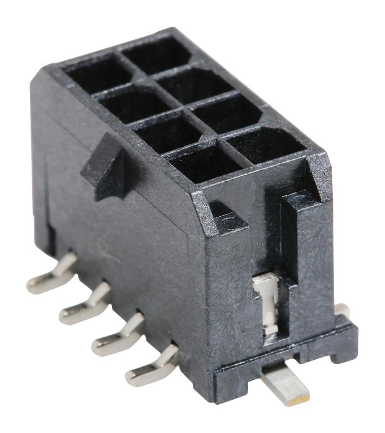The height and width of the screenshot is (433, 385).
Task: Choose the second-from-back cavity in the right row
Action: coord(191,83)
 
